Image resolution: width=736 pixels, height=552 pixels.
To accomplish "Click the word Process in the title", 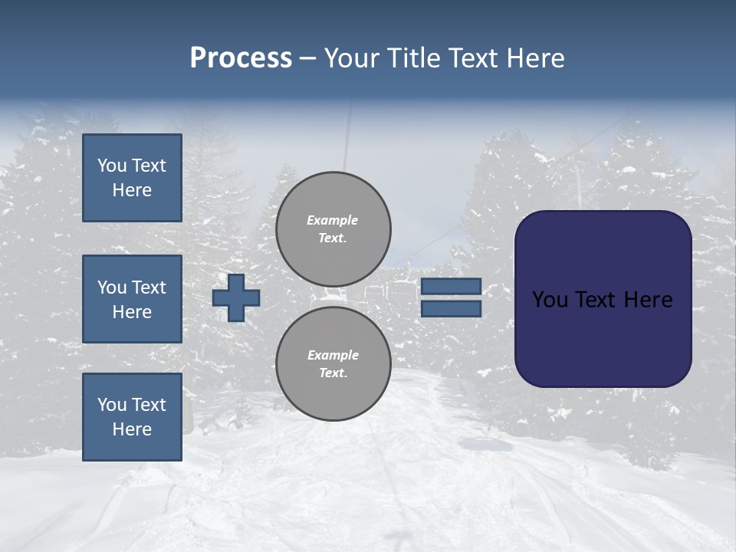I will tap(241, 58).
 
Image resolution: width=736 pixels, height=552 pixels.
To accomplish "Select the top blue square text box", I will tap(132, 178).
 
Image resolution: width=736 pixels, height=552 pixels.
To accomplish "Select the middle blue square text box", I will tap(132, 299).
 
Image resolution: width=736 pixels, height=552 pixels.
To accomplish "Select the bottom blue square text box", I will tap(132, 417).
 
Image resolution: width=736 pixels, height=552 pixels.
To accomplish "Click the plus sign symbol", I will tap(236, 297).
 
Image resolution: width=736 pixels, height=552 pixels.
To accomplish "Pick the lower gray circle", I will tap(333, 364).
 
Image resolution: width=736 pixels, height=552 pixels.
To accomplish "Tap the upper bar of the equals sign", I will tap(451, 287).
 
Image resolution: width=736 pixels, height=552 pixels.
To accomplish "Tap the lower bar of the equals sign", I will tap(451, 308).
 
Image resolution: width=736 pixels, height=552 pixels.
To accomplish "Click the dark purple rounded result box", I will tap(603, 299).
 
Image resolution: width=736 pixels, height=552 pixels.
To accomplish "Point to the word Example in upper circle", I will tap(333, 220).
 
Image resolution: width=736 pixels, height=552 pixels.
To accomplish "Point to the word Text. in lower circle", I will tap(333, 373).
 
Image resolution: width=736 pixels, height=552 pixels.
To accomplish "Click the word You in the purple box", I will tap(550, 300).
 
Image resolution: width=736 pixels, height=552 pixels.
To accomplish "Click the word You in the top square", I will tap(112, 166).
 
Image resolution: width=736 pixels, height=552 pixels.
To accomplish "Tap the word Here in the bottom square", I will tap(132, 429).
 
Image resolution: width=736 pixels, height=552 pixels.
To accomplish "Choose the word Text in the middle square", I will tap(148, 287).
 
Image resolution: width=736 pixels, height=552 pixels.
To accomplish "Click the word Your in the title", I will tap(351, 58).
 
